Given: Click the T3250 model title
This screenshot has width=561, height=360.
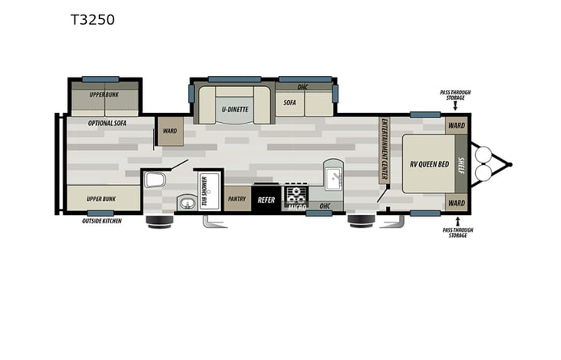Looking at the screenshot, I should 92,20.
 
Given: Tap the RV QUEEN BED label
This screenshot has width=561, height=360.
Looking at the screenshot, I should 428,163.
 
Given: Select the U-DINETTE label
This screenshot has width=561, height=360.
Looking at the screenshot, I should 235,109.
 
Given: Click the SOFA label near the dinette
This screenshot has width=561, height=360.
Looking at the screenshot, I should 289,102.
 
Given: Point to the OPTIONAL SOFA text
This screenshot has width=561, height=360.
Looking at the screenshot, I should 107,123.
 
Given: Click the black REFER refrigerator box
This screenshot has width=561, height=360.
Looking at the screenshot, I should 266,200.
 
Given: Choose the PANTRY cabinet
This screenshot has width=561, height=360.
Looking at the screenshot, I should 236,199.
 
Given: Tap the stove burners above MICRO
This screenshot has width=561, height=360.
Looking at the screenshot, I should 296,193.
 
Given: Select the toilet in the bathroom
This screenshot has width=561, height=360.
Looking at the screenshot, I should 154,180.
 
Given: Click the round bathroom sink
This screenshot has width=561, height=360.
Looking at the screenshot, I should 186,203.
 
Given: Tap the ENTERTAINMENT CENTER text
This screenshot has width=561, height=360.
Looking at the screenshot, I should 384,149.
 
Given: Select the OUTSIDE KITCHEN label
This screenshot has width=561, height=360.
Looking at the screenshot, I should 101,221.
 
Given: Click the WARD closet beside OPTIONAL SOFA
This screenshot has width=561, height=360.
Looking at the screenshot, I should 170,130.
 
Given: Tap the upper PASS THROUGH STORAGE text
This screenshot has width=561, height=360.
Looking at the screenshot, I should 455,94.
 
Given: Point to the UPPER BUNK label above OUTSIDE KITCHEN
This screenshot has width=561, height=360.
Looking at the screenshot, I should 102,198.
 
